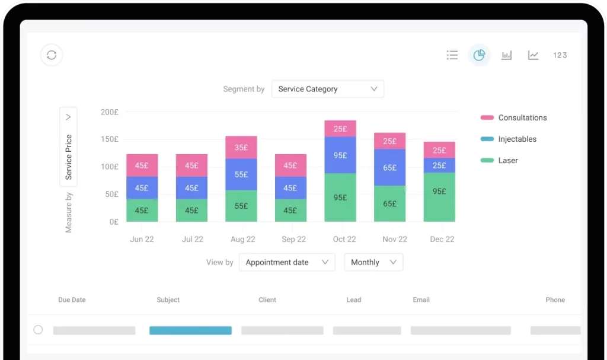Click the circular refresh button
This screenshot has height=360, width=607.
[x=52, y=55]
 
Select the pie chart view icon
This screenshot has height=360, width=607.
[x=479, y=55]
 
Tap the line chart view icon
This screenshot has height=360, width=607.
[x=533, y=55]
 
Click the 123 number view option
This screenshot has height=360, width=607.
[x=560, y=55]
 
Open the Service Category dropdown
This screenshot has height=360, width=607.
[x=327, y=89]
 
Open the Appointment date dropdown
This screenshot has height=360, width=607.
[x=286, y=262]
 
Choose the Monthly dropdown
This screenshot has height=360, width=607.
[x=373, y=262]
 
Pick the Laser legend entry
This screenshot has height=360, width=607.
[x=507, y=160]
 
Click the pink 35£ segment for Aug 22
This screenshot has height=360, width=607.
[x=241, y=148]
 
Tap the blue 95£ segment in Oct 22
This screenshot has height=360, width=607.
[x=340, y=155]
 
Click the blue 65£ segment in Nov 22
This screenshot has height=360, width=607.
[x=389, y=168]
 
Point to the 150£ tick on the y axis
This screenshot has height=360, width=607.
[x=109, y=139]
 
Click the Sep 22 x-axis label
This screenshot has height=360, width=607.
[x=293, y=239]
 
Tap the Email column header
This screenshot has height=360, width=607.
[x=421, y=300]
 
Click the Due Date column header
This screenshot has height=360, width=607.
[x=72, y=300]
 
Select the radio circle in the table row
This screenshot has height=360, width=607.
[x=38, y=330]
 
